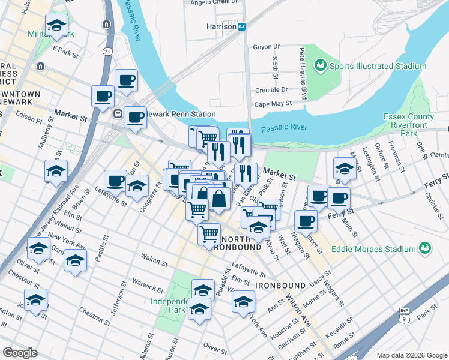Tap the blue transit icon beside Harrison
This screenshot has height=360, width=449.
pyautogui.click(x=241, y=26)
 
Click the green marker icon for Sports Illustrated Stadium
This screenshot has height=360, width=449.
pyautogui.click(x=320, y=64)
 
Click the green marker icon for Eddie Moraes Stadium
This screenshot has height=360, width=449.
pyautogui.click(x=425, y=247)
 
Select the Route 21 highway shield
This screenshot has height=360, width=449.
pyautogui.click(x=107, y=52)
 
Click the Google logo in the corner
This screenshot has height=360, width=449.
pyautogui.click(x=20, y=353)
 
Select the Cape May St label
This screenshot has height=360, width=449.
pyautogui.click(x=273, y=103)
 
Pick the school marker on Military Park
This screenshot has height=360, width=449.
pyautogui.click(x=56, y=26)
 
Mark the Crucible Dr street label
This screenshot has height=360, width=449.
pyautogui.click(x=271, y=89)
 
